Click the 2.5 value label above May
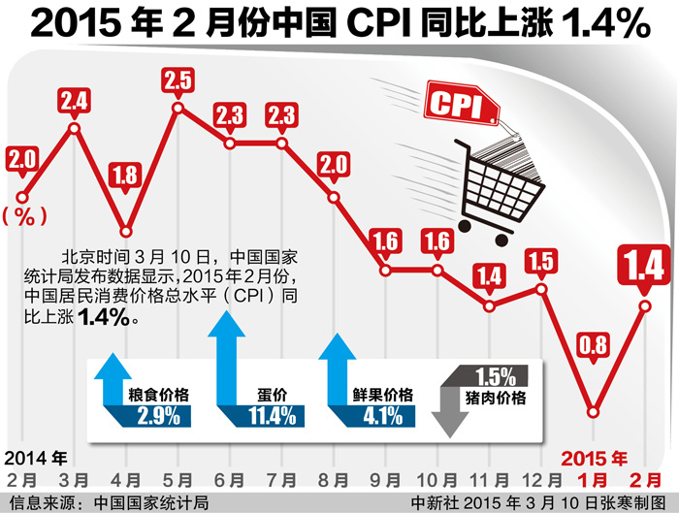pos(178,80)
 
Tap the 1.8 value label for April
pos(126,176)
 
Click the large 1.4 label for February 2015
pos(645,264)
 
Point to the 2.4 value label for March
pos(75,99)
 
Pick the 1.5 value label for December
pos(541,261)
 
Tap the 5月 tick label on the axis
pos(178,480)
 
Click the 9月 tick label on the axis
pos(385,480)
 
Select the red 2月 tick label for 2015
pos(644,480)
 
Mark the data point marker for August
pos(334,198)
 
